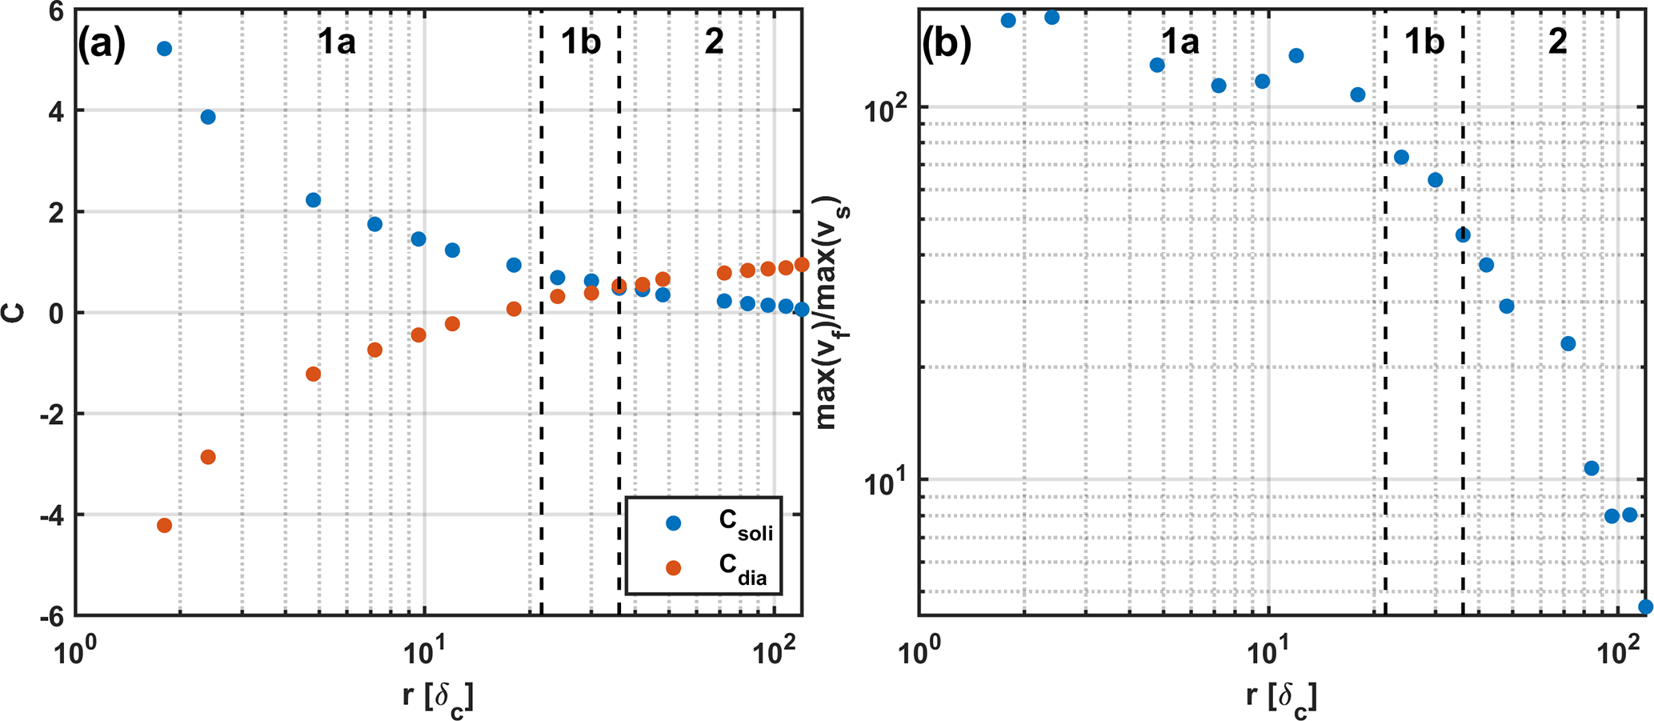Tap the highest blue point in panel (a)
(x=165, y=49)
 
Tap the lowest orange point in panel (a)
(x=165, y=526)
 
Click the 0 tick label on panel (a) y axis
(x=56, y=313)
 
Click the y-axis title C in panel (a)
(x=14, y=312)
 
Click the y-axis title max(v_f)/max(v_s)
(x=833, y=312)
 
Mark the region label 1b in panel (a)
(x=580, y=42)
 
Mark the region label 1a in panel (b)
(x=1179, y=42)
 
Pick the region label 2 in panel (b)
(x=1557, y=42)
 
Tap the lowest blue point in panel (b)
(x=1645, y=607)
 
